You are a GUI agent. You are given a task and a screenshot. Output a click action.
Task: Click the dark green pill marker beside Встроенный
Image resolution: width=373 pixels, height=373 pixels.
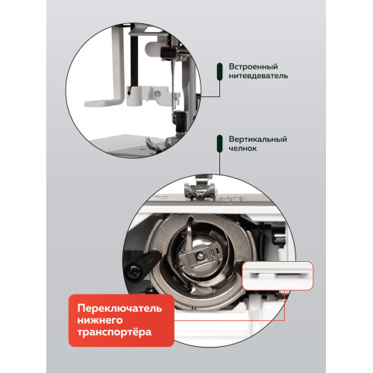click(219, 71)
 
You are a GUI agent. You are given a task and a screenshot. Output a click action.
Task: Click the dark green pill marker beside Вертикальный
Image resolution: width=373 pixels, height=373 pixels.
click(219, 144)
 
